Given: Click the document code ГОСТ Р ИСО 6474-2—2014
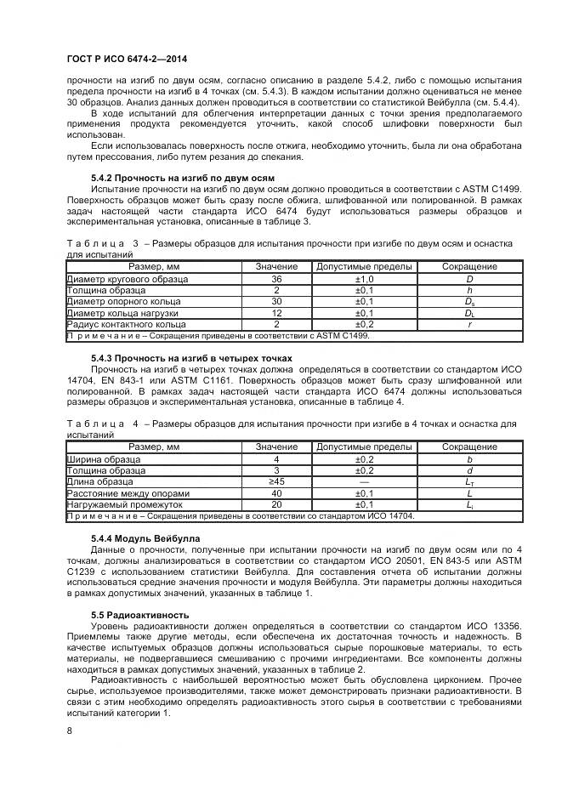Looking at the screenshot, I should (x=127, y=59).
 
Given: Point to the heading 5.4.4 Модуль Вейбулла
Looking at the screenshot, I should (x=145, y=538).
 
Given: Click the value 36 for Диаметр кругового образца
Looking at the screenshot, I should (x=276, y=279).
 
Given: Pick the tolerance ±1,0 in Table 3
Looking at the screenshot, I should (x=364, y=279).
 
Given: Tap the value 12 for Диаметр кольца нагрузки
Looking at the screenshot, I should (x=276, y=313).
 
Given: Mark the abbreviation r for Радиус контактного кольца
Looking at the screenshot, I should (x=469, y=324).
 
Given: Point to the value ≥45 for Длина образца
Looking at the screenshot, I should (x=276, y=482).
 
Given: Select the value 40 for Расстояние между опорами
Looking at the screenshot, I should (x=276, y=493).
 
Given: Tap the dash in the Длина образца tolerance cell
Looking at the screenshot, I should (x=364, y=482).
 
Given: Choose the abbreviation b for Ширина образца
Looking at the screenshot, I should (x=469, y=459).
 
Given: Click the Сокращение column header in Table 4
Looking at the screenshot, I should (x=469, y=447).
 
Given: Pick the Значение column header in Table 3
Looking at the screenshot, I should (x=276, y=267).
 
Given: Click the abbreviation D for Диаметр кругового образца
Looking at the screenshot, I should (x=469, y=279).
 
